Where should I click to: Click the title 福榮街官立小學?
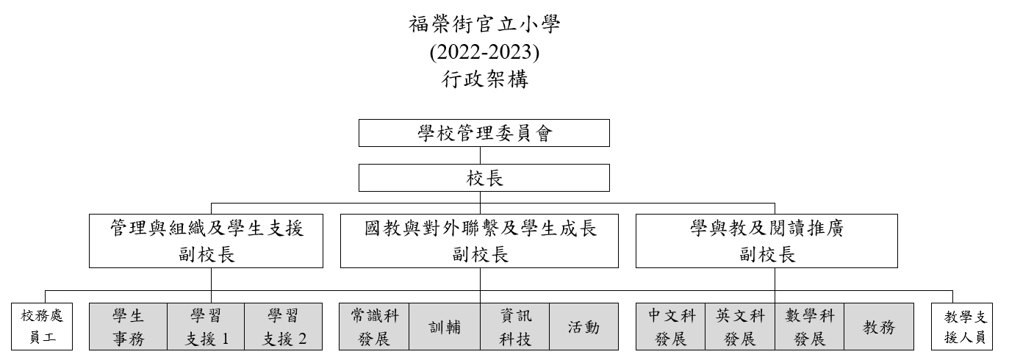484,25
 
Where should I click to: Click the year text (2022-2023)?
484,52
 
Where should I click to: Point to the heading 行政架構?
484,79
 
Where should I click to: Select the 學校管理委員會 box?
484,133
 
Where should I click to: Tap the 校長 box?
484,178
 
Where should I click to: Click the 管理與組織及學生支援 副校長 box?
206,241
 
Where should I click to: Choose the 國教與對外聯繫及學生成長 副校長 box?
479,241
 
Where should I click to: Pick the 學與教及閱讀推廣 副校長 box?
766,241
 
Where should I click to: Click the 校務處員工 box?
42,327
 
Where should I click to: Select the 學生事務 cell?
129,327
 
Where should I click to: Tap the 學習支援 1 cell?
206,327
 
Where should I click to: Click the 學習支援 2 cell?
284,327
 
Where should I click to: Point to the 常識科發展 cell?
374,327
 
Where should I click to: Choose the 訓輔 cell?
445,327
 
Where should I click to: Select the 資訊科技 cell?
515,327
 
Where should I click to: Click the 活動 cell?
584,327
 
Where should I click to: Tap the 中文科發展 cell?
671,327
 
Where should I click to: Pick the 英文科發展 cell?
740,327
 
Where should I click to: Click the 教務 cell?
879,327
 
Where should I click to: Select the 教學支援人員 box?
962,327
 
